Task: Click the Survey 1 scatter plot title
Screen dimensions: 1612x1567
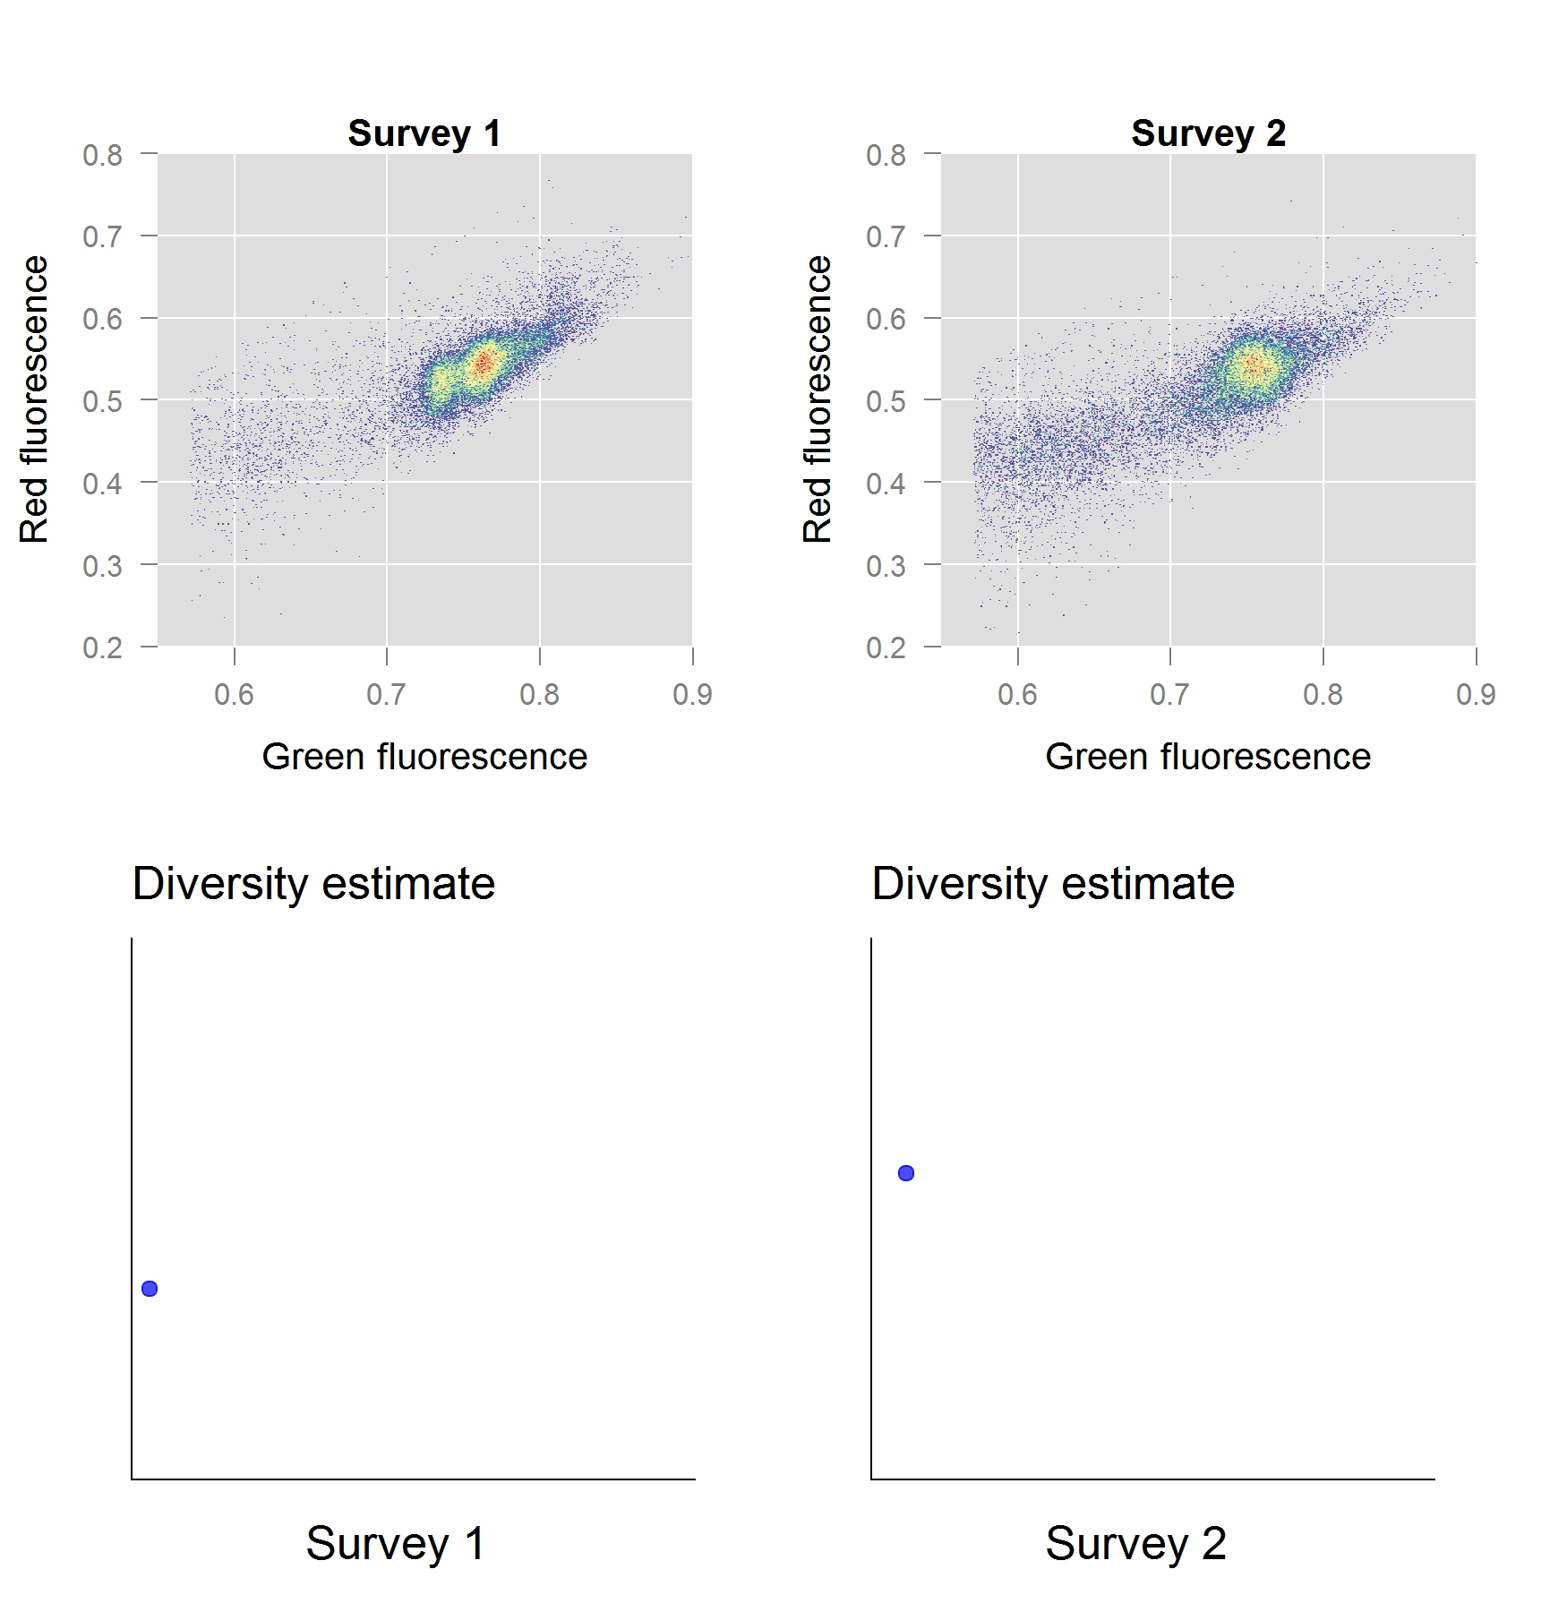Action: tap(424, 133)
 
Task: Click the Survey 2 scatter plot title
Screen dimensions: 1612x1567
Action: tap(1208, 133)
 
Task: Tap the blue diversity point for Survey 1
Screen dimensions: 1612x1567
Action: tap(150, 1289)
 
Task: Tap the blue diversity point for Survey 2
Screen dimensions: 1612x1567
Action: tap(906, 1173)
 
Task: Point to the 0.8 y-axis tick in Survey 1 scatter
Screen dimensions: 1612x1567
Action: tap(103, 155)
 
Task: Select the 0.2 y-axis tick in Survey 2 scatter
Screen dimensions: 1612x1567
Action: tap(886, 647)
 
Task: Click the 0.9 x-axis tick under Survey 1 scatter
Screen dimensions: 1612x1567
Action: tap(692, 694)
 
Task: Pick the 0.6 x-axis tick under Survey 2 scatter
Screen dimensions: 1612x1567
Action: tap(1017, 694)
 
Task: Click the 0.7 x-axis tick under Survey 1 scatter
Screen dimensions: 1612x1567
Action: tap(386, 694)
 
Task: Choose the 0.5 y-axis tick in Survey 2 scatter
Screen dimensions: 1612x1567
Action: tap(886, 401)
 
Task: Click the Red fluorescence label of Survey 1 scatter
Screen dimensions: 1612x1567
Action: tap(34, 399)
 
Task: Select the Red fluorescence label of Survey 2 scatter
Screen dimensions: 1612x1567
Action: tap(818, 399)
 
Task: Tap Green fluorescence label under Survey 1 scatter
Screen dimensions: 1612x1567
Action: tap(424, 757)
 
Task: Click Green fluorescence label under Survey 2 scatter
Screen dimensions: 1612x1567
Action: tap(1208, 757)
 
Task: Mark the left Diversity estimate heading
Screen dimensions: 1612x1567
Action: tap(313, 884)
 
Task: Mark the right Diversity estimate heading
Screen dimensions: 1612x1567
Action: tap(1053, 884)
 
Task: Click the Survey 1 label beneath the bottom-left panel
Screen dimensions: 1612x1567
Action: tap(395, 1543)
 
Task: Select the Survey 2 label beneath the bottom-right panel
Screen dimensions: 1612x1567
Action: tap(1135, 1543)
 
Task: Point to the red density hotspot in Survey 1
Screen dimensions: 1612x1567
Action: tap(484, 363)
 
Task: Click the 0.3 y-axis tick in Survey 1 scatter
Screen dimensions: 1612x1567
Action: tap(103, 566)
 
